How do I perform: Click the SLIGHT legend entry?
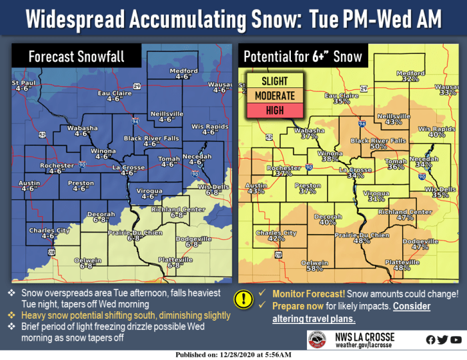tap(274, 81)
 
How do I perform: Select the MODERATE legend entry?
tap(274, 96)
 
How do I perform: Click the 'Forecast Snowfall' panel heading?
tap(76, 57)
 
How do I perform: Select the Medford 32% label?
tap(410, 76)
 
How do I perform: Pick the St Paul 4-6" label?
tap(19, 85)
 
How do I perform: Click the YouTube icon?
tap(456, 340)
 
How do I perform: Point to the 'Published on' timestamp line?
tap(233, 355)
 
